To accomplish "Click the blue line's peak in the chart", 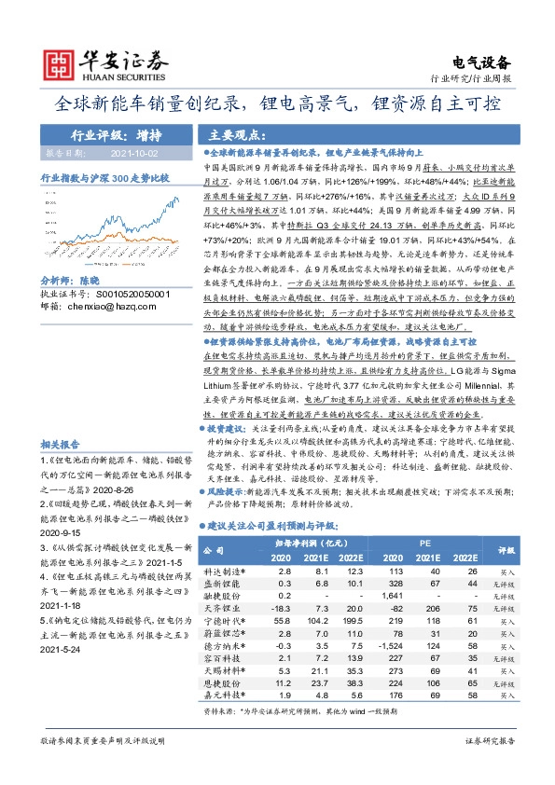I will point(167,197).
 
